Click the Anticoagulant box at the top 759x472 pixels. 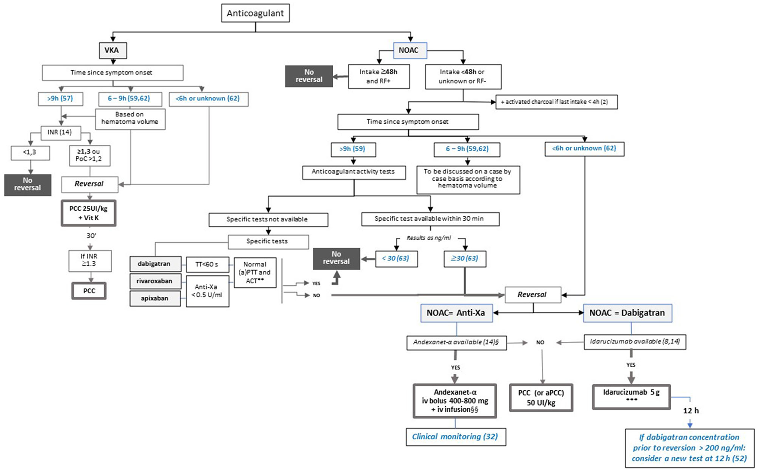tap(255, 13)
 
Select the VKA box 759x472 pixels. tap(113, 50)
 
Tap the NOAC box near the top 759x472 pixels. tap(410, 50)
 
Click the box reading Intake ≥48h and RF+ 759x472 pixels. tap(379, 76)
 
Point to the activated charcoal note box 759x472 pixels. tap(556, 102)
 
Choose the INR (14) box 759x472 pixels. tap(60, 132)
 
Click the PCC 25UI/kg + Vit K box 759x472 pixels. tap(89, 213)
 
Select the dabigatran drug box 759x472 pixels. tap(154, 264)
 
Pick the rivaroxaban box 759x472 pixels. tap(155, 281)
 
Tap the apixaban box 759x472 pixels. tap(155, 299)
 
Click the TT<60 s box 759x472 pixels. tap(207, 264)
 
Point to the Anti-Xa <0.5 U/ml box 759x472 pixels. tap(207, 291)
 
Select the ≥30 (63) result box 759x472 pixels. tap(464, 258)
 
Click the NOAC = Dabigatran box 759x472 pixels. tap(627, 313)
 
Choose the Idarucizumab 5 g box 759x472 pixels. tap(631, 396)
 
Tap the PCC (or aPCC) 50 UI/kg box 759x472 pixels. tap(541, 398)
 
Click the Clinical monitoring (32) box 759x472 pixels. tap(455, 437)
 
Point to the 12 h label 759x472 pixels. tap(690, 411)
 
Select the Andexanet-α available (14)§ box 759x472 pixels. tap(456, 342)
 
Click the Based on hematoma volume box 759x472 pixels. tap(130, 118)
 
